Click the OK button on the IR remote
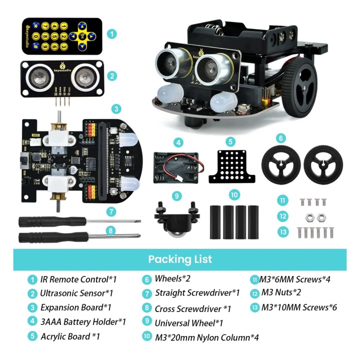tap(82, 36)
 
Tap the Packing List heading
tap(180, 259)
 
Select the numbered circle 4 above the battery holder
tap(178, 142)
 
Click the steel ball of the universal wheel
tap(177, 235)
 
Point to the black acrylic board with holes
tap(231, 166)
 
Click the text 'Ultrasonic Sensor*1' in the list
tap(76, 293)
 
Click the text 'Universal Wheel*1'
tap(188, 323)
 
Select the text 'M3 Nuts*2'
tap(281, 292)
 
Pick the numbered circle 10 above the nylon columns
tap(234, 195)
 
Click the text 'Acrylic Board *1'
tap(70, 336)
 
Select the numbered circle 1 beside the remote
tap(112, 34)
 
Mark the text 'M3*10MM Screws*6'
tap(299, 307)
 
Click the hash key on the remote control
tap(35, 46)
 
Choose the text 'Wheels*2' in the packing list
tap(172, 278)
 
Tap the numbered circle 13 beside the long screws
tap(283, 232)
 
